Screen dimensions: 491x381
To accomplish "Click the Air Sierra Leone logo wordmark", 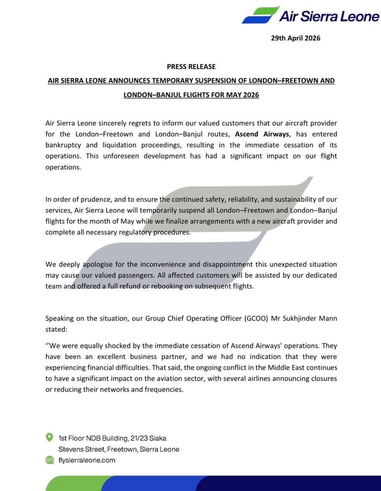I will pos(329,16).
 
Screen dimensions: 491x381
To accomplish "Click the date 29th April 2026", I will pos(295,38).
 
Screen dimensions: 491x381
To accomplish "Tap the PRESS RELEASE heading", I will pos(191,66).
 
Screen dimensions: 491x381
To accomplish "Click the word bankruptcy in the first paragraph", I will pos(63,145).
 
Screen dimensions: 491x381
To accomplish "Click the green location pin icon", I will pos(50,437).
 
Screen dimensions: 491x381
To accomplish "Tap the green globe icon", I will pos(50,460).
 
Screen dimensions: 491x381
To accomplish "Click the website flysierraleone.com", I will pos(87,460).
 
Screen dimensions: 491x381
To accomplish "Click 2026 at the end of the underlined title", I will pos(251,95).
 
